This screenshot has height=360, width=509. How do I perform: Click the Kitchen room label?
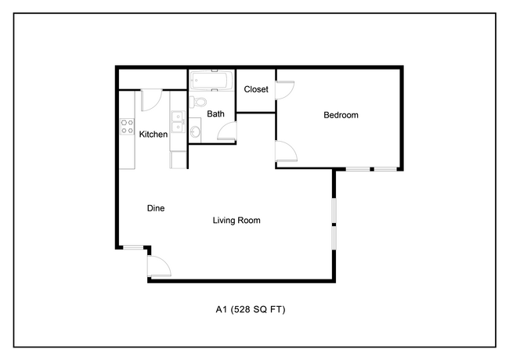[x=153, y=135]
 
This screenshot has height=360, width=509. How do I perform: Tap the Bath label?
[x=215, y=113]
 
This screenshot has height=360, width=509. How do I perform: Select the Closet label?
[x=256, y=89]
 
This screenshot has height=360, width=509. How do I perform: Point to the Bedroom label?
[x=341, y=115]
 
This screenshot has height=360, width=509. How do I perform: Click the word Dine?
[x=156, y=208]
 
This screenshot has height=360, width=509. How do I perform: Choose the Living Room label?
[x=236, y=221]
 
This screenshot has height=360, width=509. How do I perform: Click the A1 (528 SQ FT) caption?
[x=251, y=309]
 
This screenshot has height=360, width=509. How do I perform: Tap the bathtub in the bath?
[x=211, y=81]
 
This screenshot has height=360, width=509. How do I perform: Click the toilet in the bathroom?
[x=197, y=103]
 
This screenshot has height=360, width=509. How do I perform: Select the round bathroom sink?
[x=195, y=131]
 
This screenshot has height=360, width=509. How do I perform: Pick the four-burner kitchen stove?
[x=127, y=127]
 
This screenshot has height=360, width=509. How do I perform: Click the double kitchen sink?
[x=178, y=121]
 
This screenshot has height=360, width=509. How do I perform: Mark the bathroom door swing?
[x=227, y=131]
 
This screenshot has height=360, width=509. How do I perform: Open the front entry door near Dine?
[x=159, y=266]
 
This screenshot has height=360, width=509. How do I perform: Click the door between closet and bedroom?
[x=285, y=90]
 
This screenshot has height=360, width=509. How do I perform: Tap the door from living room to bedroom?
[x=286, y=151]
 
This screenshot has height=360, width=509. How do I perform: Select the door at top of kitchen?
[x=151, y=100]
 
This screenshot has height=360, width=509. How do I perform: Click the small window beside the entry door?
[x=133, y=248]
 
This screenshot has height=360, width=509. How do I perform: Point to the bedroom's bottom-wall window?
[x=371, y=169]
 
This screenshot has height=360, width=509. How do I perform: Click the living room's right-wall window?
[x=334, y=224]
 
